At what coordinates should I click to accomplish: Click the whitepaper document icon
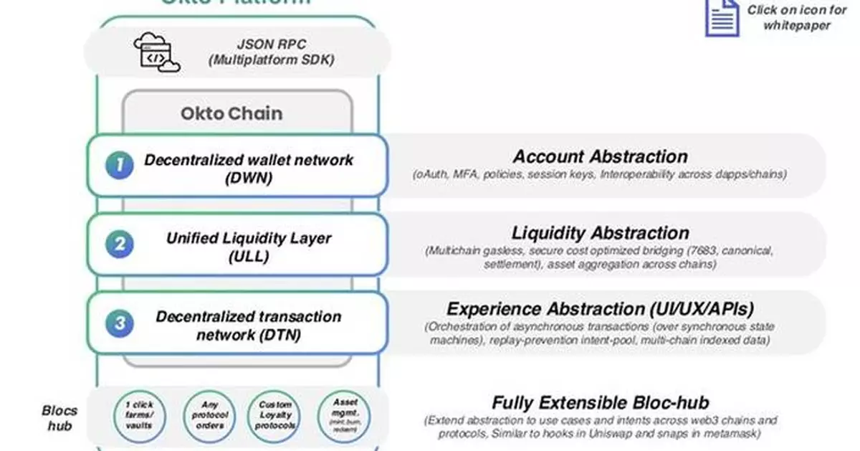pos(722,17)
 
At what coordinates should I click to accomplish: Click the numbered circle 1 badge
pos(120,166)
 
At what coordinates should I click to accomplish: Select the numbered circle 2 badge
pos(120,245)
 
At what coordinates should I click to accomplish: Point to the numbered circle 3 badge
pos(120,323)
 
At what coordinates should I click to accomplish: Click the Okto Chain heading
pos(231,113)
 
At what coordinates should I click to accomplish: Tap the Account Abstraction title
pos(600,156)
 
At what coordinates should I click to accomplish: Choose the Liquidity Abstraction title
pos(600,233)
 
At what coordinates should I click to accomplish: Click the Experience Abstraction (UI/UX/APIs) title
pos(600,309)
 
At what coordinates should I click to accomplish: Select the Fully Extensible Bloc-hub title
pos(600,403)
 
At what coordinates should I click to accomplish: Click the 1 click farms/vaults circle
pos(139,415)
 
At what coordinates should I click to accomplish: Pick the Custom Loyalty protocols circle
pos(276,415)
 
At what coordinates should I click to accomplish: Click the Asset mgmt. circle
pos(341,414)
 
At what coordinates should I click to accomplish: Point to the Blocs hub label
pos(59,418)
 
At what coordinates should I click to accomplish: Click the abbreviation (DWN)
pos(248,178)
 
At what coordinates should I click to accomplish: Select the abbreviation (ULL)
pos(248,256)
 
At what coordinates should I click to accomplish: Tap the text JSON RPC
pos(270,44)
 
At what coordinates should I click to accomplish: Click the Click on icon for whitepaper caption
pos(796,17)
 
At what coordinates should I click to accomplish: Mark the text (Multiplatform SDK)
pos(271,60)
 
